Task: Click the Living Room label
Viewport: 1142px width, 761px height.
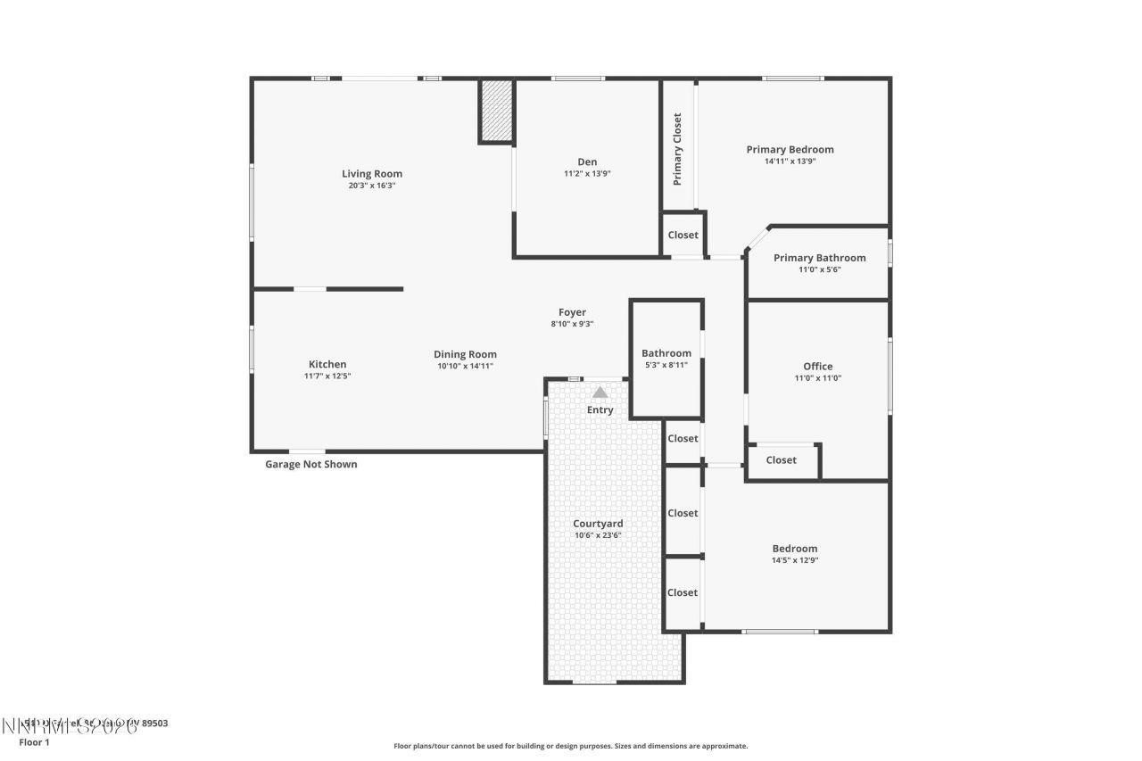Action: click(372, 174)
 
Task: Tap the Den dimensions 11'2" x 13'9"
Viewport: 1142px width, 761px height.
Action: click(587, 174)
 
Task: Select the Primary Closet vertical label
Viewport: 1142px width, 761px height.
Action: click(678, 149)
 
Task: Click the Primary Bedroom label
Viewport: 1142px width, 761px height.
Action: click(790, 150)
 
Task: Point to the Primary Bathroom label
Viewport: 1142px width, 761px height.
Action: click(819, 258)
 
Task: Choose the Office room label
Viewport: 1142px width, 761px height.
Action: click(817, 367)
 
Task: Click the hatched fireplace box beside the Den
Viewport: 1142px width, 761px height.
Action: click(496, 111)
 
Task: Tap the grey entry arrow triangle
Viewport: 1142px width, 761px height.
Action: click(600, 393)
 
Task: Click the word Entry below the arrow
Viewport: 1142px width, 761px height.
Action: click(600, 410)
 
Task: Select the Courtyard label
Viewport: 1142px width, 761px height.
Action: click(598, 524)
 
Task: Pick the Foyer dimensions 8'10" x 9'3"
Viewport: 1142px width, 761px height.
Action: click(572, 324)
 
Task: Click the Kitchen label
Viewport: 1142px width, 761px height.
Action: click(327, 364)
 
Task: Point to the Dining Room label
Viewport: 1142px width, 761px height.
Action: click(465, 354)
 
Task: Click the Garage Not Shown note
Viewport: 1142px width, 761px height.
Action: click(311, 464)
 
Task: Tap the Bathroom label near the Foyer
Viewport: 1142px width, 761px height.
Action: click(666, 353)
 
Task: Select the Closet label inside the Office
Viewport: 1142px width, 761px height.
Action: click(781, 460)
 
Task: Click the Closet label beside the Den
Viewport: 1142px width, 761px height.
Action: click(683, 236)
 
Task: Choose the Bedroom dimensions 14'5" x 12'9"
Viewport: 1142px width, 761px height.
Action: click(794, 560)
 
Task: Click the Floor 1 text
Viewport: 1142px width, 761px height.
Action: click(35, 741)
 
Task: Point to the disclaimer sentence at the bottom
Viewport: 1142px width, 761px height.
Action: click(571, 746)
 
